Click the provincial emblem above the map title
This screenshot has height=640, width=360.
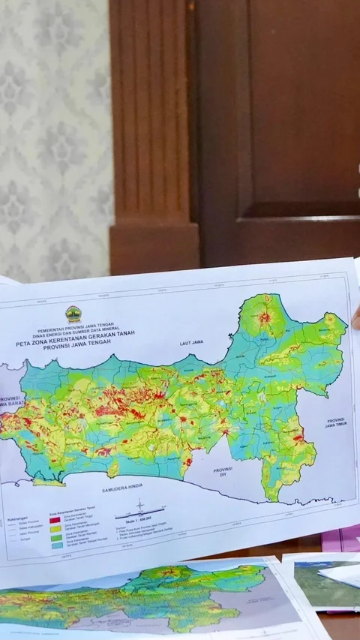click(x=73, y=314)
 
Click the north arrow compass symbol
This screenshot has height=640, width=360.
click(x=140, y=506)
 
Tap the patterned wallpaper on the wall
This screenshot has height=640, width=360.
click(x=52, y=135)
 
